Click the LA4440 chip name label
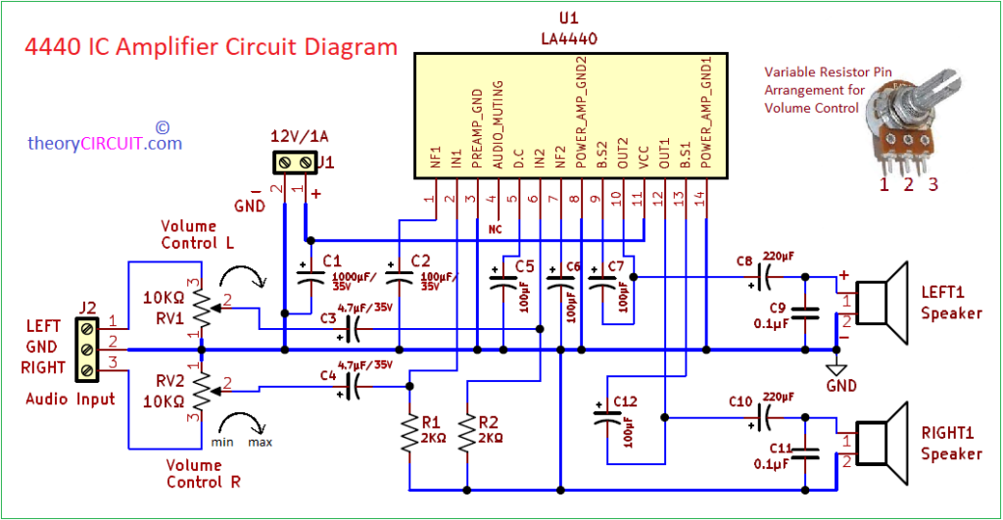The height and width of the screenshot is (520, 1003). point(569,39)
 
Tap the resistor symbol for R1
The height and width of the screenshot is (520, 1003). point(409,434)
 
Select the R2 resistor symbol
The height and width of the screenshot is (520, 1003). point(467,434)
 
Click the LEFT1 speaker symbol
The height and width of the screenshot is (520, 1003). point(883,303)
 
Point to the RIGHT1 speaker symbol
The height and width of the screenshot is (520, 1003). point(883,443)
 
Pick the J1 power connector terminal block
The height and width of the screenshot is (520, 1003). point(295,163)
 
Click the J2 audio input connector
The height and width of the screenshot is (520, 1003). point(87,350)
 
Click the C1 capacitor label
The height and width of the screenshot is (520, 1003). point(332,260)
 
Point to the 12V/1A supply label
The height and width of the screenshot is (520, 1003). point(299,136)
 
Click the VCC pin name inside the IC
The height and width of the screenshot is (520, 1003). point(645,158)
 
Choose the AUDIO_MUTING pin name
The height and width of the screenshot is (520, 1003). point(498,124)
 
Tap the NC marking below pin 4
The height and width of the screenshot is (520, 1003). point(495,229)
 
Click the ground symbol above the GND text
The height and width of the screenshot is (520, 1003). point(836,370)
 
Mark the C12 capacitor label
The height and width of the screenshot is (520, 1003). point(625,402)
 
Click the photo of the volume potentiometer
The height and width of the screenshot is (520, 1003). point(911,124)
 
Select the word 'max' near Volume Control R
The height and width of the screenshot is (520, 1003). point(260,443)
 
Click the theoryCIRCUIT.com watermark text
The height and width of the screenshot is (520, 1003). point(105,143)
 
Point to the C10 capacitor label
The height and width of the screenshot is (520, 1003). point(740,402)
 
